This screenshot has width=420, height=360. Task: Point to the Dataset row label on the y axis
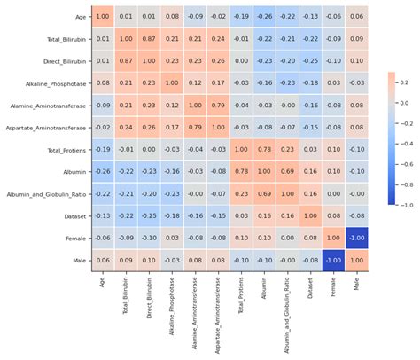pos(74,215)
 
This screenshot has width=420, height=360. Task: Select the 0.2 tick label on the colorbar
pos(404,81)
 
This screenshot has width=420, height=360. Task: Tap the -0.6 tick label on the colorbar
pos(404,163)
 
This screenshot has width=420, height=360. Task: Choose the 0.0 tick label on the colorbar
pos(404,102)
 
